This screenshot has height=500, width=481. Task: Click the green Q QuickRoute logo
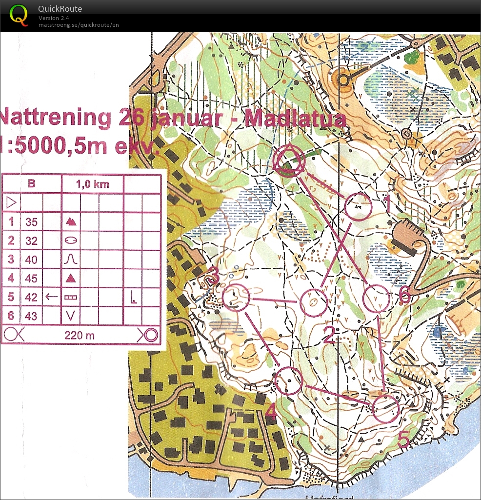(x=19, y=15)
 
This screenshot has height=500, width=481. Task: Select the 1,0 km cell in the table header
(x=93, y=184)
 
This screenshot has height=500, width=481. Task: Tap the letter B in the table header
(x=32, y=184)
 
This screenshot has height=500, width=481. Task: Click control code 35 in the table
(x=31, y=222)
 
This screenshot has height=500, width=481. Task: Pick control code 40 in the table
(x=31, y=260)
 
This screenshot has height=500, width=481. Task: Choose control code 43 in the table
(x=31, y=316)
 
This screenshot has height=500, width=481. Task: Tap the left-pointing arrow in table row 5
(x=51, y=297)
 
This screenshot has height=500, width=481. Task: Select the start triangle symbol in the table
(x=11, y=202)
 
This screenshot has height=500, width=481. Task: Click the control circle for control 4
(x=288, y=380)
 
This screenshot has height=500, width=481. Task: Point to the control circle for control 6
(x=377, y=298)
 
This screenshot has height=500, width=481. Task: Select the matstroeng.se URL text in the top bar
(x=78, y=25)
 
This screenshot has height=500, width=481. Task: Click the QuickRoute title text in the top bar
(x=60, y=9)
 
